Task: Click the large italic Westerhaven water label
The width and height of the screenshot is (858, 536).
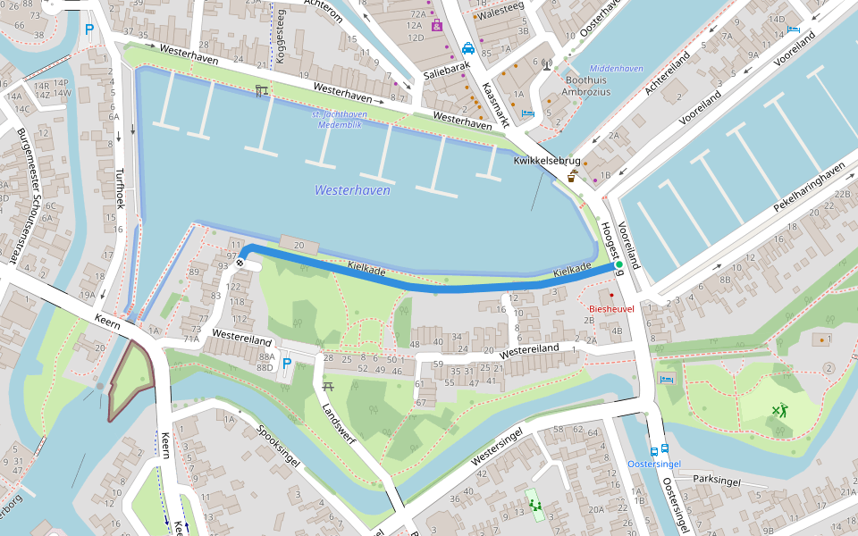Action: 352,190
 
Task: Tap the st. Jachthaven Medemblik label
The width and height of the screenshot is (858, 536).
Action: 341,120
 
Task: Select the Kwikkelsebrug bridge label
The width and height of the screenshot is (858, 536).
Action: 547,161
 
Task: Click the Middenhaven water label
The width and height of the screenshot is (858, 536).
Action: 616,69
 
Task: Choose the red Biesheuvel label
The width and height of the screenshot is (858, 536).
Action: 611,309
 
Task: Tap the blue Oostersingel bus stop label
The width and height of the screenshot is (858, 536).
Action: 654,465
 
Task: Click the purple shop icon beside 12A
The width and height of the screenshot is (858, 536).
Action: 436,25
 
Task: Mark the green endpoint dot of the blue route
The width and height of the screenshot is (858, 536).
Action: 618,265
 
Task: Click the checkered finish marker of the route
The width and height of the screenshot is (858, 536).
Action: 240,264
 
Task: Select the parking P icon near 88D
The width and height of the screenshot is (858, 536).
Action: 287,364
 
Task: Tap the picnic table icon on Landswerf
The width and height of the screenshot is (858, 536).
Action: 328,386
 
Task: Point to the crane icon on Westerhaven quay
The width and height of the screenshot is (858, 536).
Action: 261,91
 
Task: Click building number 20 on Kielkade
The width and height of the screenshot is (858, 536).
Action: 299,245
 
